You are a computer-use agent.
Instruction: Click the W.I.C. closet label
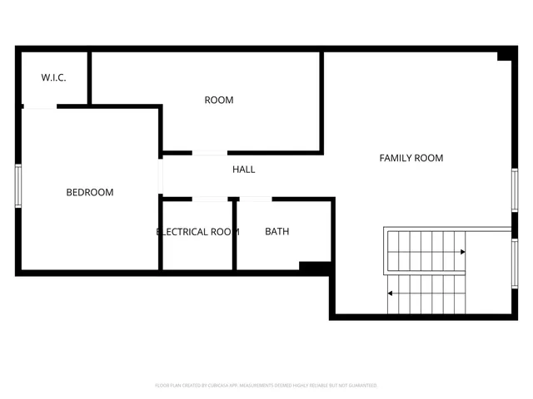tap(54, 77)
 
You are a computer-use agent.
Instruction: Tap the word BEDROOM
tap(90, 192)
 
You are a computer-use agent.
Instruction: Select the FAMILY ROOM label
tap(411, 157)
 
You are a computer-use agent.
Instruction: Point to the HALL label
tap(244, 169)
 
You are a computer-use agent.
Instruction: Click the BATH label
tap(277, 231)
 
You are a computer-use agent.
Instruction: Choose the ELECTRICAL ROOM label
tap(198, 231)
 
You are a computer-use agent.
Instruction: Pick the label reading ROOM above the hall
tap(219, 100)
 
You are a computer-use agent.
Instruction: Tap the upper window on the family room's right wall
tap(515, 190)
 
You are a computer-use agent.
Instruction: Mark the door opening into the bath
tap(255, 199)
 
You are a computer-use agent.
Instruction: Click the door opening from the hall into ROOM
tap(210, 152)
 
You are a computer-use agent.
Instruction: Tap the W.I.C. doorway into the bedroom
tap(39, 106)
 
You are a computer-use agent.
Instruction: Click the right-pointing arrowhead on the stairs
tap(462, 251)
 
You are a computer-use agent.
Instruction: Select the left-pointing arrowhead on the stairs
tap(391, 293)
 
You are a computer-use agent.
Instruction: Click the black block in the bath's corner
tap(316, 267)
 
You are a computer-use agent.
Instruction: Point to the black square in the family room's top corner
tap(504, 56)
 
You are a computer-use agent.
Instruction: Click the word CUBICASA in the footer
tap(222, 386)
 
